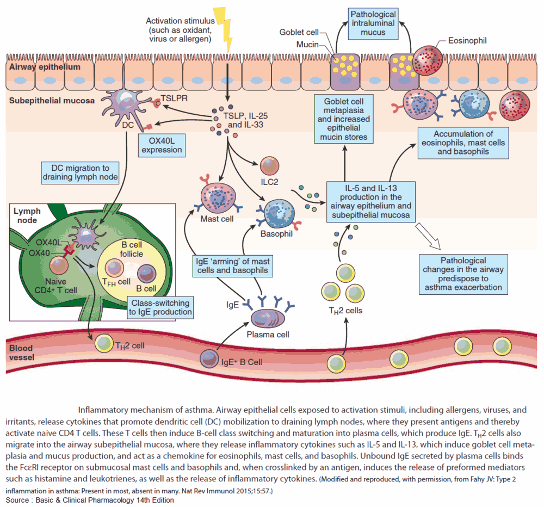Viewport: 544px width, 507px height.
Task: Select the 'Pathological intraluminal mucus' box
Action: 373,23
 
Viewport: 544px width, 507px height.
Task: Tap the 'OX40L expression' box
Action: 160,143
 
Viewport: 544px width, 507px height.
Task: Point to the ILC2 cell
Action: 270,168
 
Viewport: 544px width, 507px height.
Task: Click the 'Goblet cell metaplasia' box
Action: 344,119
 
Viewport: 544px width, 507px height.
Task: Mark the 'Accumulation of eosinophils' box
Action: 463,143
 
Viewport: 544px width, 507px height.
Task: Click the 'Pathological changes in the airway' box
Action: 464,274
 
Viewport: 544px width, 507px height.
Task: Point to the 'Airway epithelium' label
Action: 45,67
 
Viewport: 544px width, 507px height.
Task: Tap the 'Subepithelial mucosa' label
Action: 51,100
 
